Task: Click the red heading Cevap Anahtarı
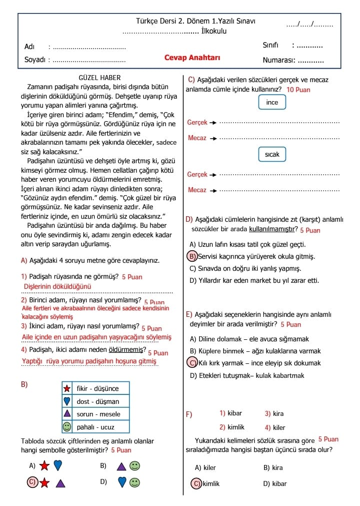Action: [192, 58]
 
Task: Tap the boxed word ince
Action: [272, 103]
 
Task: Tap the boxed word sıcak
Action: [272, 155]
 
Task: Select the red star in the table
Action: [66, 388]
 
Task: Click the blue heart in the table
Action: [66, 401]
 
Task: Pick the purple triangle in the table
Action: [66, 414]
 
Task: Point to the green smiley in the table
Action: [66, 427]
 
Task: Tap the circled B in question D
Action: [192, 257]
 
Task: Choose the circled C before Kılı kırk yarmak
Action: [192, 363]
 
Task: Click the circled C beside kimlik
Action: [196, 483]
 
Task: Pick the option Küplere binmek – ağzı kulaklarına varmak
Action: [255, 351]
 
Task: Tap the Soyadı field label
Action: [35, 60]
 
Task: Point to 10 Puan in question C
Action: [298, 90]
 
